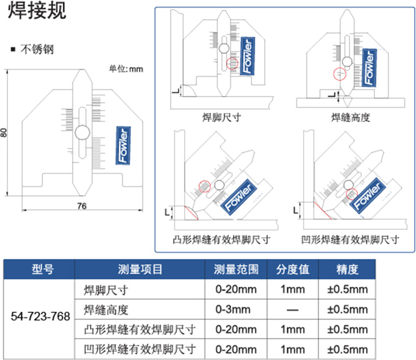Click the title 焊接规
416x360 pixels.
[37, 10]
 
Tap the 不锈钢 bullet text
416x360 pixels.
[37, 49]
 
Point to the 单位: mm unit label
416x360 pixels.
[126, 69]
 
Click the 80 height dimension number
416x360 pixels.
[4, 132]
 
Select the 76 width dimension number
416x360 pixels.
[82, 206]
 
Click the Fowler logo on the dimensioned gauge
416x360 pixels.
[123, 145]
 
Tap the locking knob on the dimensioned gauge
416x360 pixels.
[82, 132]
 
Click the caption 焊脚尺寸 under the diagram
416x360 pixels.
[222, 117]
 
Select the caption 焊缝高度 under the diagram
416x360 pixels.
[350, 117]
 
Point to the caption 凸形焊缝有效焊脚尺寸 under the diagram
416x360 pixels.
[222, 239]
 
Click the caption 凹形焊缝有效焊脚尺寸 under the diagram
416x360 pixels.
[350, 239]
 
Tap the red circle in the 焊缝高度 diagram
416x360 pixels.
[340, 73]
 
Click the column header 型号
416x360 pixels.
[43, 269]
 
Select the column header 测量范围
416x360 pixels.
[236, 269]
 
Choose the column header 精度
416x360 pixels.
[347, 269]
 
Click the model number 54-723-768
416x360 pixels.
[41, 316]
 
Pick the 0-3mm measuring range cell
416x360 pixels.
[233, 310]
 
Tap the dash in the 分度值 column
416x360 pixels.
[293, 310]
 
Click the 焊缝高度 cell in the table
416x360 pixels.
[106, 310]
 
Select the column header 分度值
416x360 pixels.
[293, 269]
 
